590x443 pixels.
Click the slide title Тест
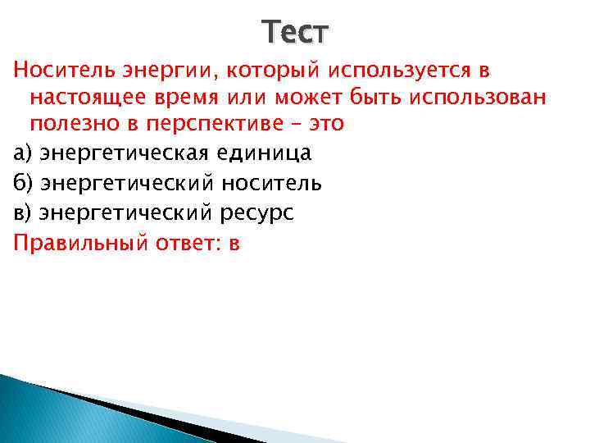pyautogui.click(x=296, y=32)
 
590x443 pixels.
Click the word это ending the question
pyautogui.click(x=324, y=126)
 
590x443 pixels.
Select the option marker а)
pyautogui.click(x=22, y=153)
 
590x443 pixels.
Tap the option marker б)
pyautogui.click(x=22, y=182)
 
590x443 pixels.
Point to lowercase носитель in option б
pyautogui.click(x=272, y=182)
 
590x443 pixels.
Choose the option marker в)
pyautogui.click(x=22, y=212)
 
